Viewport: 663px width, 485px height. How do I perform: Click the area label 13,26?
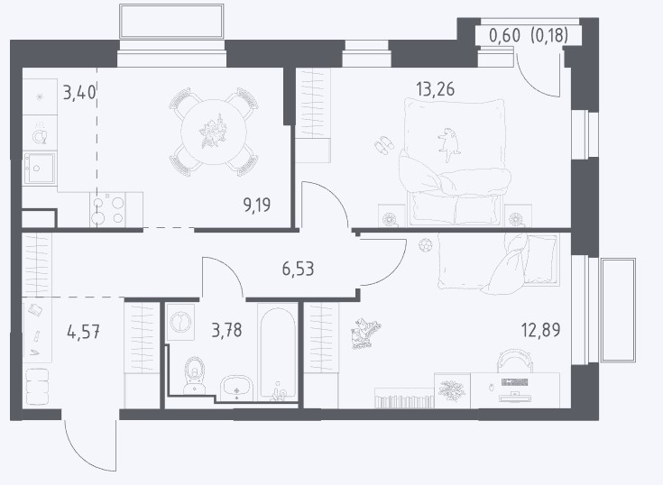pyautogui.click(x=435, y=89)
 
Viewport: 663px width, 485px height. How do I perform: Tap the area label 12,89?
pyautogui.click(x=541, y=330)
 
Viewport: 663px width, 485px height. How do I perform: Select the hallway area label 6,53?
pyautogui.click(x=298, y=269)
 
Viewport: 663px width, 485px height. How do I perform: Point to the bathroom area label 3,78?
pyautogui.click(x=226, y=330)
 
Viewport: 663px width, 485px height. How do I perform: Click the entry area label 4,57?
pyautogui.click(x=83, y=332)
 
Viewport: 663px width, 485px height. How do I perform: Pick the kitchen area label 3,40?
pyautogui.click(x=79, y=92)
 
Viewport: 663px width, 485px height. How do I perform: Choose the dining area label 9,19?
pyautogui.click(x=257, y=205)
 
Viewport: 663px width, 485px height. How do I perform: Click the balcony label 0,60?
pyautogui.click(x=504, y=35)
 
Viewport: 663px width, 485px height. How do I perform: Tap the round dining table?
pyautogui.click(x=214, y=132)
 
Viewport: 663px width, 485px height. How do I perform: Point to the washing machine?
pyautogui.click(x=180, y=323)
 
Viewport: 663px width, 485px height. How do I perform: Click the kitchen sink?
pyautogui.click(x=40, y=169)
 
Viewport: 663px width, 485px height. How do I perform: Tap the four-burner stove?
pyautogui.click(x=108, y=210)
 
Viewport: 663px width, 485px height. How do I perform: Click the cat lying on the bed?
pyautogui.click(x=448, y=144)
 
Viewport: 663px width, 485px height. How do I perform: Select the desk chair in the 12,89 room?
pyautogui.click(x=514, y=361)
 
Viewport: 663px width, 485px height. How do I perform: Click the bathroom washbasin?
pyautogui.click(x=236, y=388)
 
